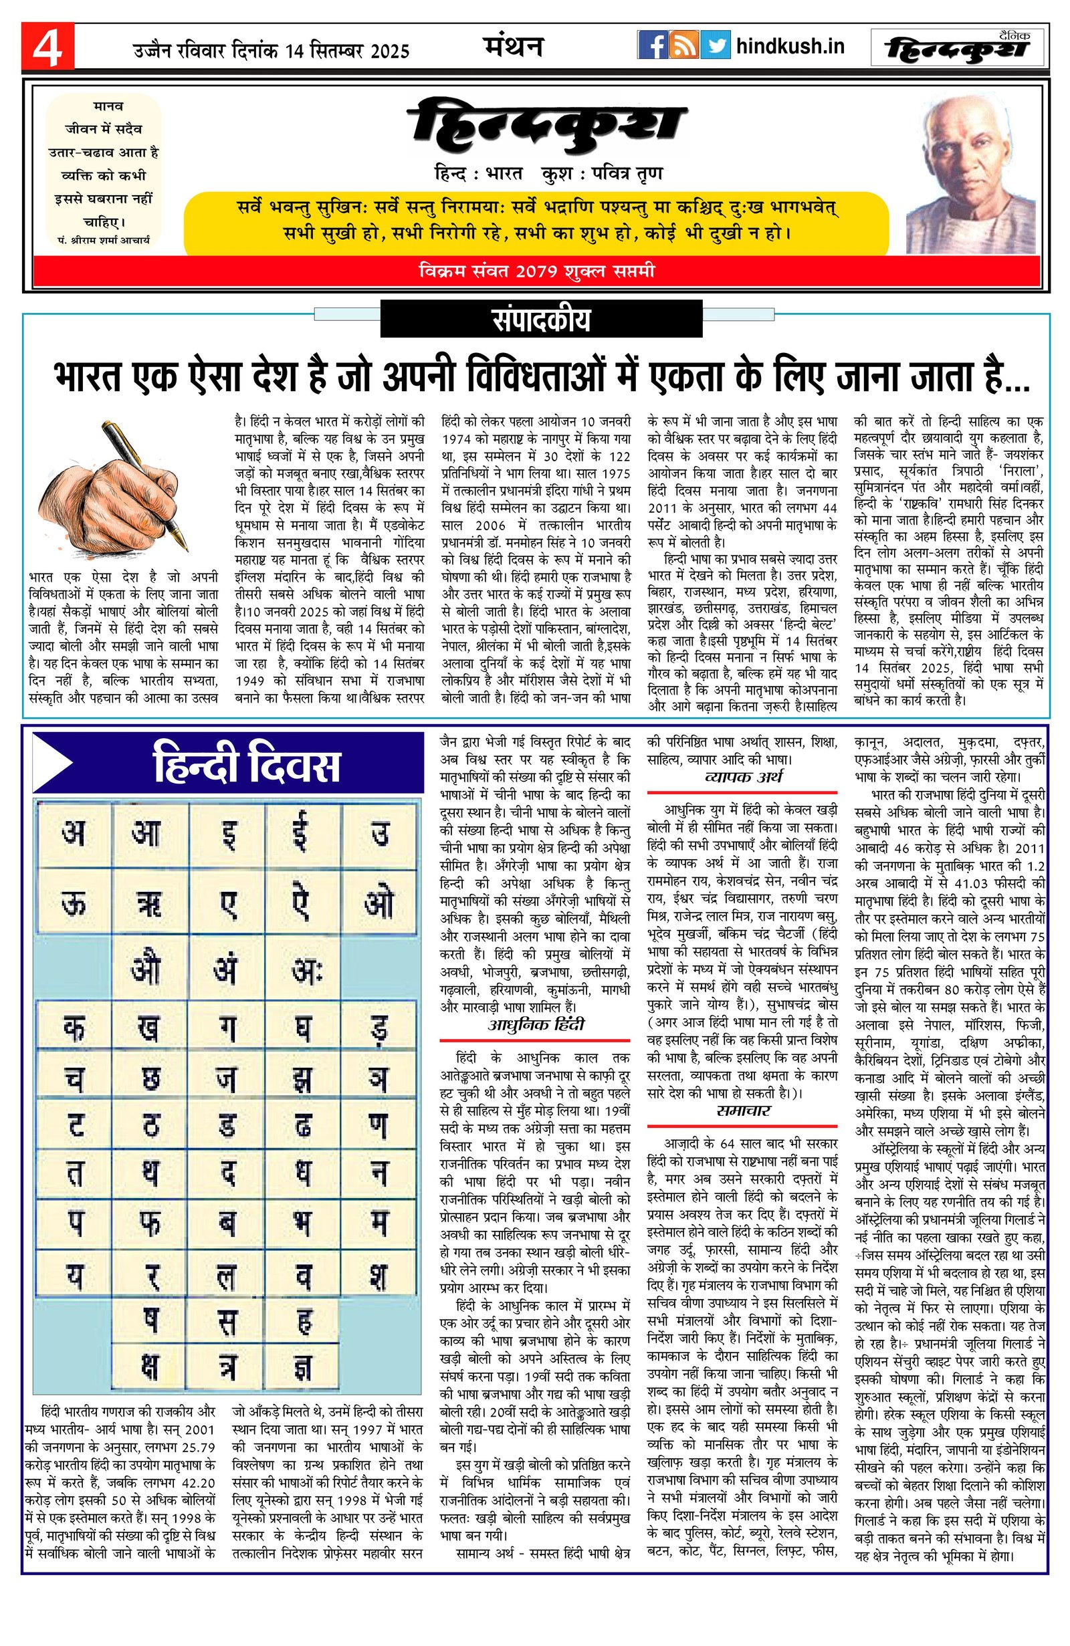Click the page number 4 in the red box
pos(47,46)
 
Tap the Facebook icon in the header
pos(651,45)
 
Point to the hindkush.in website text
pos(790,46)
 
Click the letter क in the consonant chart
pos(74,1027)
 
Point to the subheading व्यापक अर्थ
pos(743,778)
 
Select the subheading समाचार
pos(743,1110)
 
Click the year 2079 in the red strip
pos(536,271)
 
